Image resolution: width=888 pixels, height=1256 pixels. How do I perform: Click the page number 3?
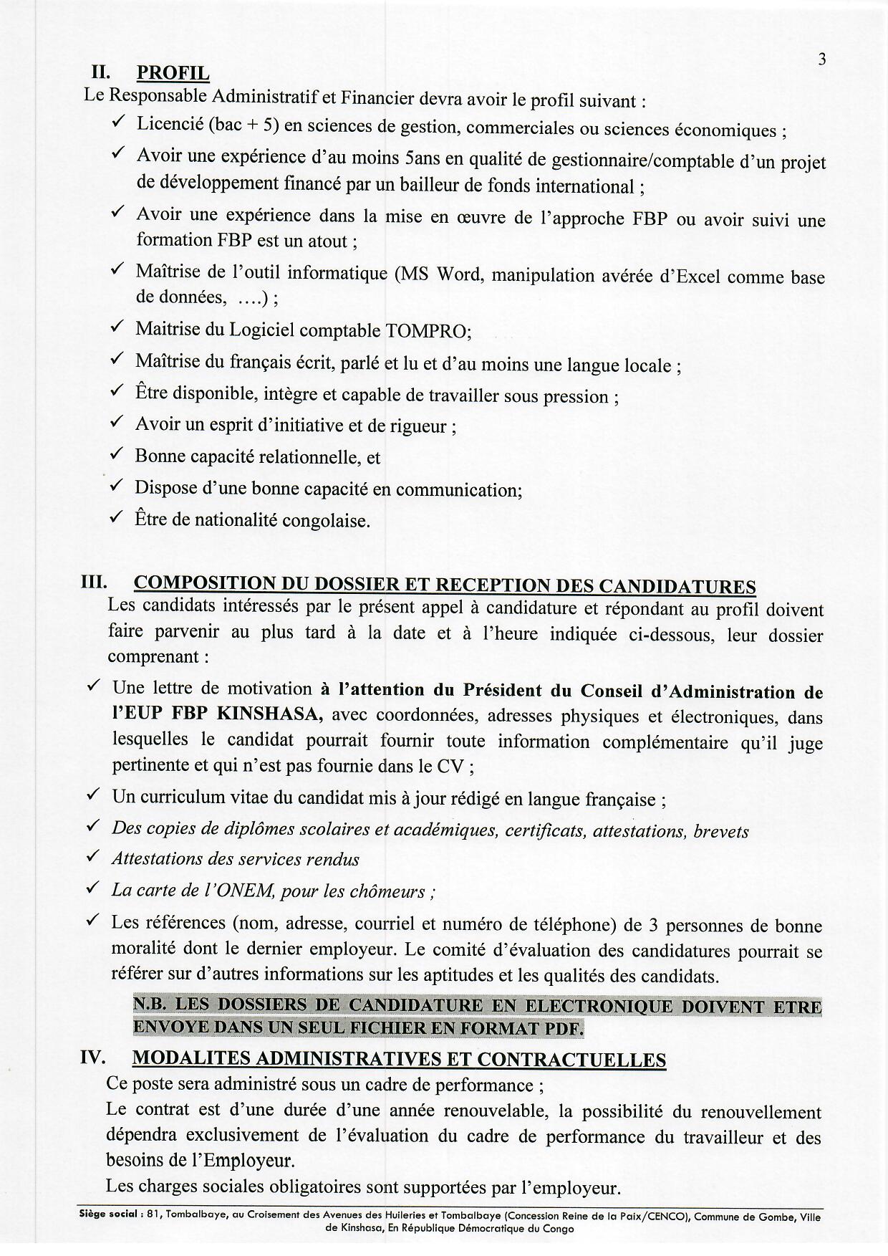(x=822, y=59)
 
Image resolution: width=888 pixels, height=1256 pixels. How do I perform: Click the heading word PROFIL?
(x=173, y=73)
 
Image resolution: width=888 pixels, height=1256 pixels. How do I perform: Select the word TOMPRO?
(x=428, y=331)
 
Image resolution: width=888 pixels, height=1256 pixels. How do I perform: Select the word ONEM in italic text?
(x=248, y=891)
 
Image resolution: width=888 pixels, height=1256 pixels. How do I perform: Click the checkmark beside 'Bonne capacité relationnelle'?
(x=117, y=454)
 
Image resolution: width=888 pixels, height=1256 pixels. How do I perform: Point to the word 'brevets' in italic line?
(x=720, y=831)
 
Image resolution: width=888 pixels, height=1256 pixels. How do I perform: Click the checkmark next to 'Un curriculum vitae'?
(x=92, y=795)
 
